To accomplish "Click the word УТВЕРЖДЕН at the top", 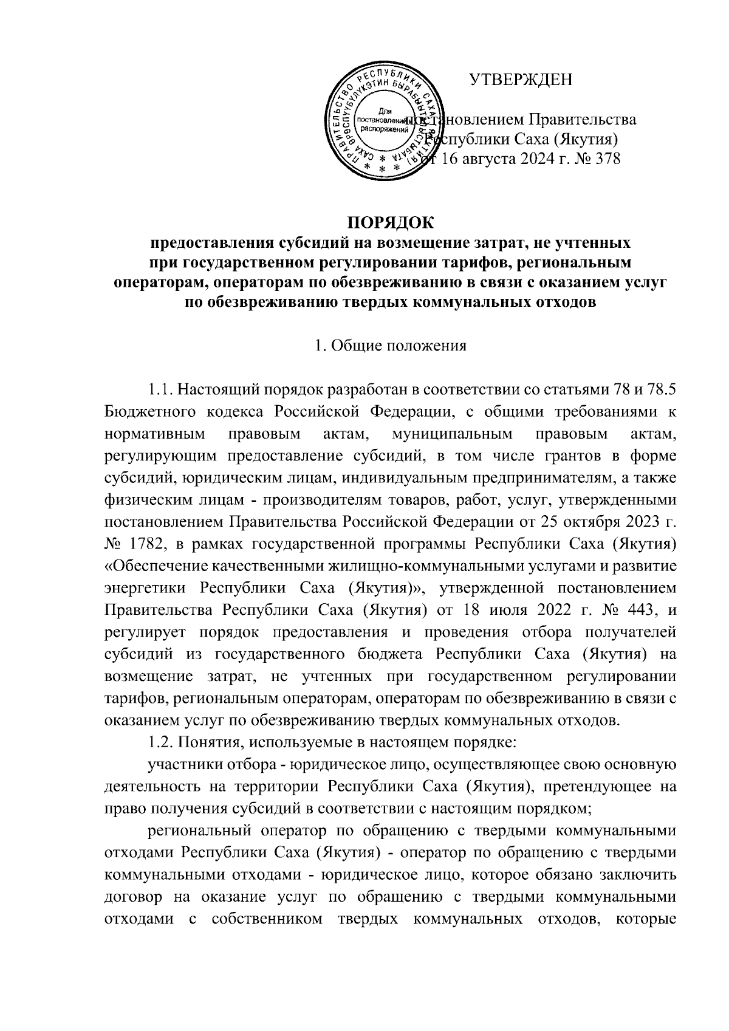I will [521, 80].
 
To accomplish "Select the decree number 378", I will [607, 160].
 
